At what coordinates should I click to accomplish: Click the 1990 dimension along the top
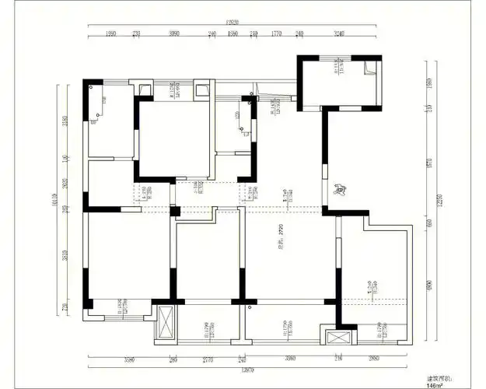pos(110,34)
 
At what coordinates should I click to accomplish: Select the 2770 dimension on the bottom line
pos(208,359)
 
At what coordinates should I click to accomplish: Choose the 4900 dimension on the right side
pos(428,286)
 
